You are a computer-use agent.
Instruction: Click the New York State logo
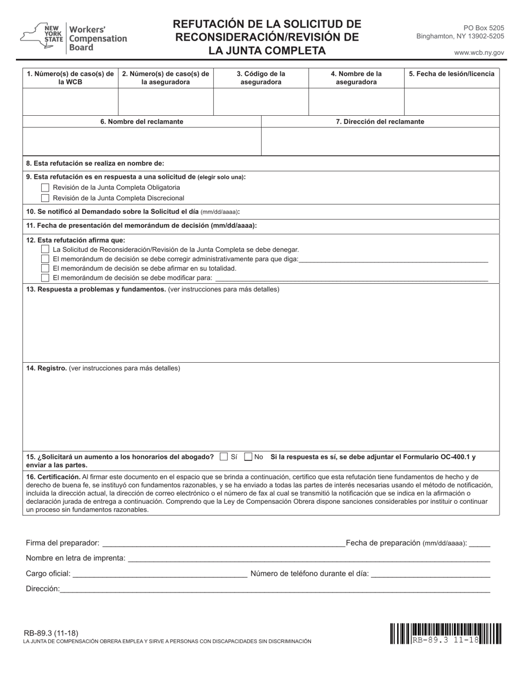(x=41, y=37)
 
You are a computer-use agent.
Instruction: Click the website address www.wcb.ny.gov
(x=479, y=53)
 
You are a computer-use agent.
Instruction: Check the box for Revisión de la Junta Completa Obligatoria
(x=46, y=188)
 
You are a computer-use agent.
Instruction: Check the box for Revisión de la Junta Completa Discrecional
(x=46, y=198)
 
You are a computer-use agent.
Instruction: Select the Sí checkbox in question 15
(x=223, y=457)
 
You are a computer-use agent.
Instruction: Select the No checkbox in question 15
(x=248, y=457)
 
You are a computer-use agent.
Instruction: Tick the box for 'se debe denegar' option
(x=46, y=249)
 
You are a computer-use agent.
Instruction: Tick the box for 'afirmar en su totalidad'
(x=46, y=268)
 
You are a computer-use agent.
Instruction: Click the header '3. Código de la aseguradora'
(x=260, y=78)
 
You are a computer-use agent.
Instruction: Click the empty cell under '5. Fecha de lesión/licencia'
(x=451, y=101)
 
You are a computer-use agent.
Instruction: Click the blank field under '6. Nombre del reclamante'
(x=141, y=142)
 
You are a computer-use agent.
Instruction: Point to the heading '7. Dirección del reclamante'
(x=380, y=122)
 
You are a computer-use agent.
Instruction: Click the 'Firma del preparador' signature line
(x=223, y=543)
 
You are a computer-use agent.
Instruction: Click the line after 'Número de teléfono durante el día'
(x=431, y=574)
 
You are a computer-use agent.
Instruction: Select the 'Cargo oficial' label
(x=48, y=573)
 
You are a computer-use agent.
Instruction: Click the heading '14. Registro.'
(x=47, y=368)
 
